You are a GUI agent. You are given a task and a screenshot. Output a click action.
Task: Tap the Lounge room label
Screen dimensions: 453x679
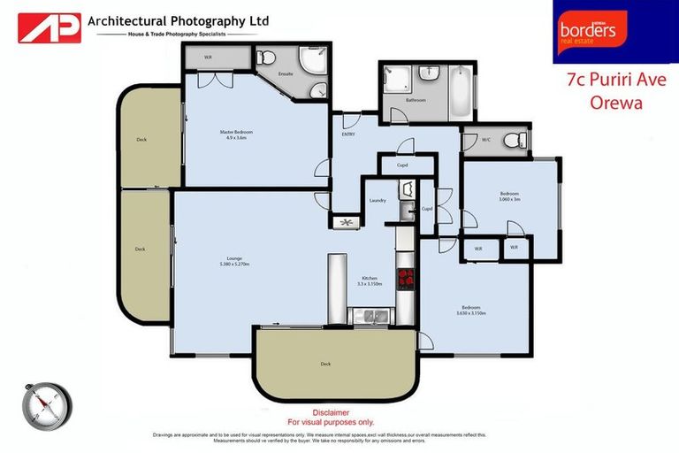coord(234,258)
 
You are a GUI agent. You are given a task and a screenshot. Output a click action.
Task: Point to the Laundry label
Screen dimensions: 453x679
coord(378,201)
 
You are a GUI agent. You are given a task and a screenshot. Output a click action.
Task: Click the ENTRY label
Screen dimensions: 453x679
coord(348,134)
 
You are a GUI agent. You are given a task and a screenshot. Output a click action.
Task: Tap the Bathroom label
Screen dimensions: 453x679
coord(416,100)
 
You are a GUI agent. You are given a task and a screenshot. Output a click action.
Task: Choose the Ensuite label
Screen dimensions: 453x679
coord(286,74)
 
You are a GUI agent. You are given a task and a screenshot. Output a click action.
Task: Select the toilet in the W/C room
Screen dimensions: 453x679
coord(511,139)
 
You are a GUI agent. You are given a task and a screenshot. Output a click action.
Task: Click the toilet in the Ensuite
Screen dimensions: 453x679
coord(265,58)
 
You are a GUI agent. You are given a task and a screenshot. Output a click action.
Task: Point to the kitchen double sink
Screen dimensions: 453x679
coord(370,315)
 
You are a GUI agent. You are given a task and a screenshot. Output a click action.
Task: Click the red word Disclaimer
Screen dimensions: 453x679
coord(331,412)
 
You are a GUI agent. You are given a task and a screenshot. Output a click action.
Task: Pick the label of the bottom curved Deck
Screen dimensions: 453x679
coord(325,364)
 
